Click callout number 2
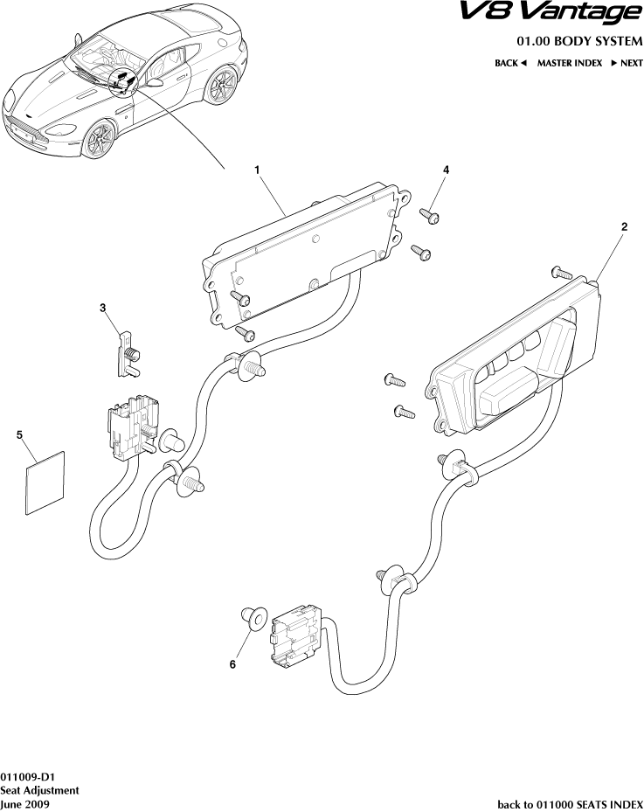624,226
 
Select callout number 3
102,308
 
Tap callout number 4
446,170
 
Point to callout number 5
19,434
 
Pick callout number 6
232,664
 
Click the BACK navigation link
510,63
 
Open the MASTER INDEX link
569,63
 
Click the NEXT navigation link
627,63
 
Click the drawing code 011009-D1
29,775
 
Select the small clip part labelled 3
128,353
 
